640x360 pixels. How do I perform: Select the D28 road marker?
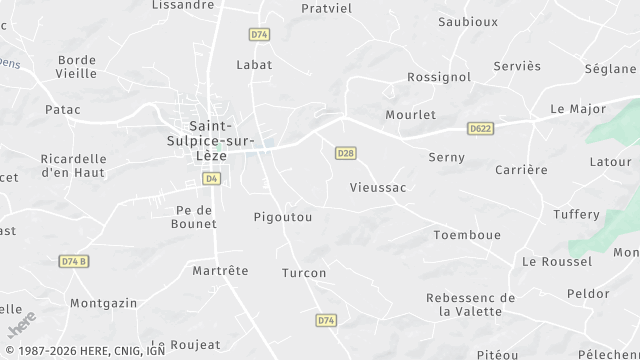click(x=345, y=152)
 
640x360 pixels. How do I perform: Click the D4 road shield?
click(x=211, y=178)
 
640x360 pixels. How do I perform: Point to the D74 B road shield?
click(x=74, y=261)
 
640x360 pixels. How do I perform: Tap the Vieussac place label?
click(x=377, y=187)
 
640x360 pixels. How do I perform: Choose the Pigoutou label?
click(x=283, y=216)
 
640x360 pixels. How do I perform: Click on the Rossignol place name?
click(x=439, y=77)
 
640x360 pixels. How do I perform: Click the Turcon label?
click(x=304, y=272)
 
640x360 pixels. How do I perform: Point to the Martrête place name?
click(x=220, y=270)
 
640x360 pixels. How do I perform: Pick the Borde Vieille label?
click(x=77, y=66)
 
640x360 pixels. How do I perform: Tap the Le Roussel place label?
click(x=557, y=261)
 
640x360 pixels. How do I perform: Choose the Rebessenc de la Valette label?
click(x=470, y=304)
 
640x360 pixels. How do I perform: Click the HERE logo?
click(x=21, y=326)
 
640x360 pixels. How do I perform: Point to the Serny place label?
click(x=446, y=157)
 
